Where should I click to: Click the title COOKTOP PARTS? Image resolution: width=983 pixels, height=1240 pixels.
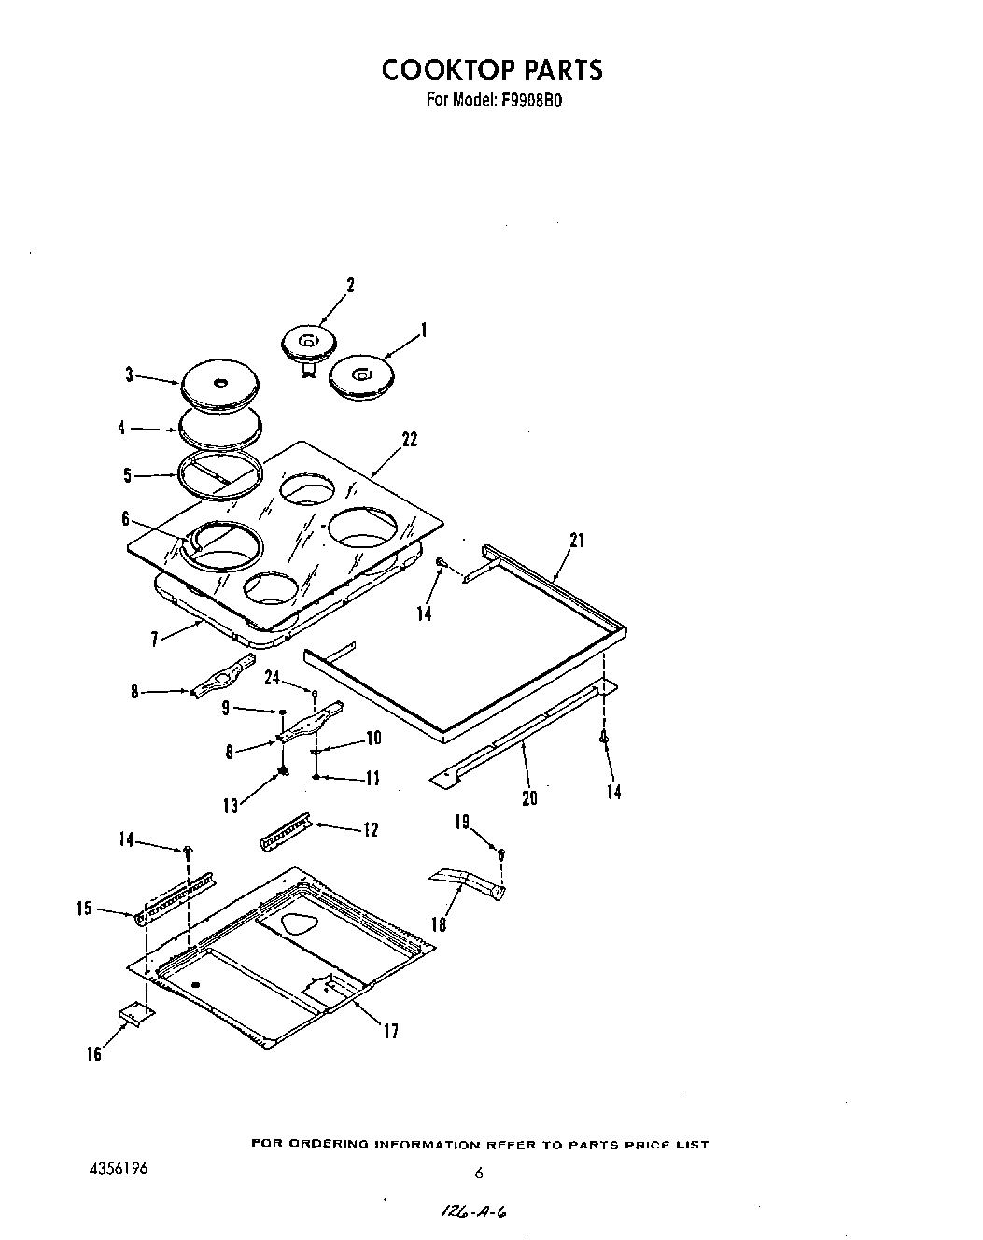[x=491, y=70]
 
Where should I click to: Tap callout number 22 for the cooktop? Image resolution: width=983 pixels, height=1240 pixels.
[x=409, y=439]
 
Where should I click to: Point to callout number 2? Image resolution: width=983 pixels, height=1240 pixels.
[x=350, y=286]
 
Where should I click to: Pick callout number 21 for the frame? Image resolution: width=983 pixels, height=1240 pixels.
[x=576, y=540]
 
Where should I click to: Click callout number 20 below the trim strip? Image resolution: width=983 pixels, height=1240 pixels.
[x=529, y=798]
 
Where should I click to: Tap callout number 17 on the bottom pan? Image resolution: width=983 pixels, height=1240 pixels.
[x=390, y=1031]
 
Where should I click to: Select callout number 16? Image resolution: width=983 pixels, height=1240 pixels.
[x=94, y=1055]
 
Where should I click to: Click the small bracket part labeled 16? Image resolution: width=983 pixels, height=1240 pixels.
[x=135, y=1015]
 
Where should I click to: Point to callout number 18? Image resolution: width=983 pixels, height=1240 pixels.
[x=439, y=924]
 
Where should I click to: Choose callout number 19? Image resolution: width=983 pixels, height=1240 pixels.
[x=462, y=823]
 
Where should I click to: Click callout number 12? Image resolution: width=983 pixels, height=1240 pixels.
[x=371, y=829]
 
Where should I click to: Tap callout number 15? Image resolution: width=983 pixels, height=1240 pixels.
[x=84, y=907]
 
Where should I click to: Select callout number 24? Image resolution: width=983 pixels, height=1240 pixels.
[x=273, y=678]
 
